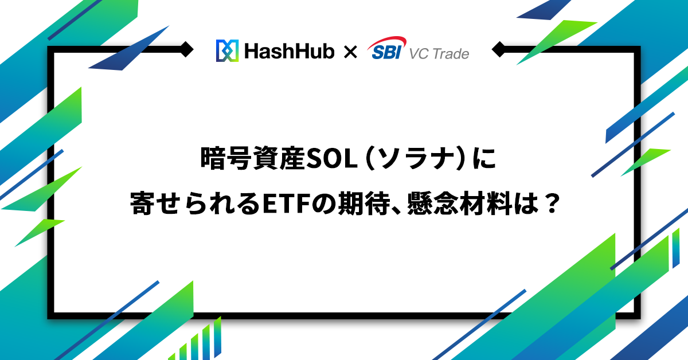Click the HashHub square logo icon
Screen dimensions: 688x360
pyautogui.click(x=227, y=50)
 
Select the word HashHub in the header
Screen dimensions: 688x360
pyautogui.click(x=290, y=51)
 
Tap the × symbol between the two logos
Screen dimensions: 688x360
pyautogui.click(x=350, y=52)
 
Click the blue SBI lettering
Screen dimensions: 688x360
pyautogui.click(x=386, y=52)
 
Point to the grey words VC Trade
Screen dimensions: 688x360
pyautogui.click(x=439, y=54)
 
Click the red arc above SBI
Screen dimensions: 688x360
pyautogui.click(x=388, y=42)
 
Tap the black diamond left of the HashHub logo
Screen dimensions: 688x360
pyautogui.click(x=186, y=49)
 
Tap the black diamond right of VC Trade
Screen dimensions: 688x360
pyautogui.click(x=499, y=49)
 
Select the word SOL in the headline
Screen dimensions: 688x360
pyautogui.click(x=331, y=159)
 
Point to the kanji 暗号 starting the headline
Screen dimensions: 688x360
pyautogui.click(x=226, y=158)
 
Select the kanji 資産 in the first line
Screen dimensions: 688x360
pyautogui.click(x=279, y=158)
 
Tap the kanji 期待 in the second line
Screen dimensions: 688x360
pyautogui.click(x=363, y=204)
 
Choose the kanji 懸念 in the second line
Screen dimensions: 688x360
pyautogui.click(x=433, y=204)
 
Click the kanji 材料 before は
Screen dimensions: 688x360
pyautogui.click(x=485, y=204)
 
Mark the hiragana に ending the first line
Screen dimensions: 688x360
pyautogui.click(x=484, y=158)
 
